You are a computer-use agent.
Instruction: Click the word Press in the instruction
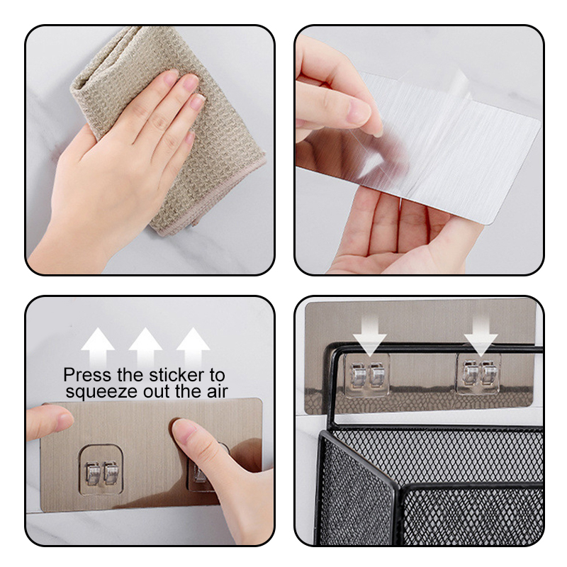(87, 375)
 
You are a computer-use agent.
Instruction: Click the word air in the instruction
(217, 391)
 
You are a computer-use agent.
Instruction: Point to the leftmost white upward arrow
(98, 347)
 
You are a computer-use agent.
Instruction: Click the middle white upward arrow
(145, 347)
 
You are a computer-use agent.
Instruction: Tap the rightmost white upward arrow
(193, 347)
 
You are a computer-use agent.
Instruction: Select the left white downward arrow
(369, 336)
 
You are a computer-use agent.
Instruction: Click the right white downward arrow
(481, 336)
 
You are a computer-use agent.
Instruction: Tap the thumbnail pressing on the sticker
(183, 430)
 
